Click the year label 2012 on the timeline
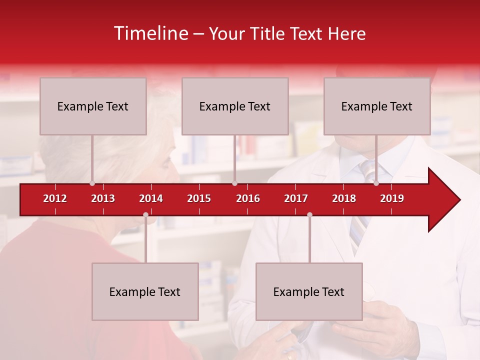[55, 198]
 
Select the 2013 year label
[103, 198]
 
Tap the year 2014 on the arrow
[151, 198]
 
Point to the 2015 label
[199, 198]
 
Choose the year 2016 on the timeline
[248, 198]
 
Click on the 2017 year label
[296, 198]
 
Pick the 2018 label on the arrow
[344, 198]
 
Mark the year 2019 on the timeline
[392, 198]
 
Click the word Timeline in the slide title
[150, 33]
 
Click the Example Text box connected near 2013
[93, 106]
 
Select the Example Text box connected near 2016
[235, 106]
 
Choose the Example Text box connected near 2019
[377, 106]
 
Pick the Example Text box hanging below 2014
[145, 291]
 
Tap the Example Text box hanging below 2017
[309, 291]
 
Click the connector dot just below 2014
[145, 214]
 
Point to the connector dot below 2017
[309, 214]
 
